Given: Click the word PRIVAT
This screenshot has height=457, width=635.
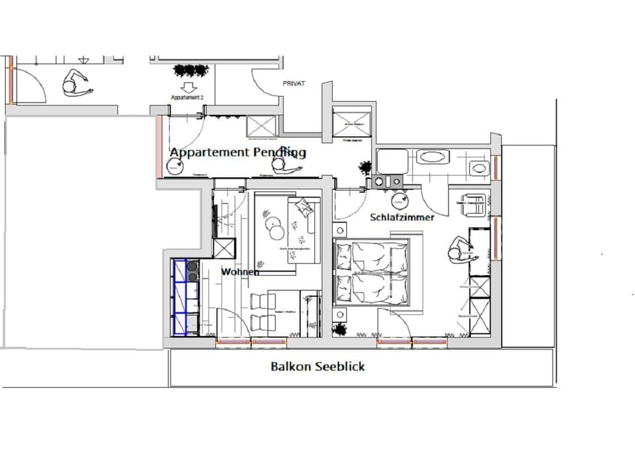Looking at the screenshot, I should (294, 84).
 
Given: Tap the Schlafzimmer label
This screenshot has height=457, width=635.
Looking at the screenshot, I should (402, 217).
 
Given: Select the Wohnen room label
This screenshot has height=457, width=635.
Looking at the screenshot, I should (239, 271).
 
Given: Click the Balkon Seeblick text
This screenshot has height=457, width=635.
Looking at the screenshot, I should (317, 366).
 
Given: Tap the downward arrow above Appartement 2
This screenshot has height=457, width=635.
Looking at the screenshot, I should (187, 86).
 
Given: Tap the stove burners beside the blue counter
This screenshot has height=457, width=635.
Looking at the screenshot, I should (193, 272).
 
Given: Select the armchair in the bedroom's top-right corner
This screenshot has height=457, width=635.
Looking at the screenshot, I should (472, 204).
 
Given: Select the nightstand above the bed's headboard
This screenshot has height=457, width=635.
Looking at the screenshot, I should (339, 230).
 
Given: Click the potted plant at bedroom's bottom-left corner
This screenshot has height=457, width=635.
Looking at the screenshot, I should (340, 328).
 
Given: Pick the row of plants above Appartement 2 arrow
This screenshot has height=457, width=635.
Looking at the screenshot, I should (190, 69).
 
